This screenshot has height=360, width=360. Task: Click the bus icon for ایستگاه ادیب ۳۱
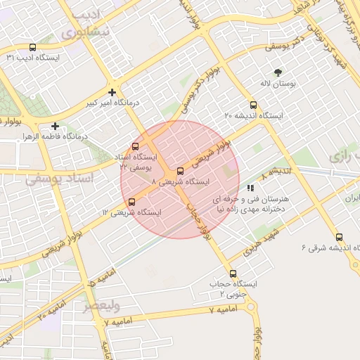tap(33, 46)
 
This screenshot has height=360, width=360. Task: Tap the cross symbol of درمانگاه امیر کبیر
tap(112, 91)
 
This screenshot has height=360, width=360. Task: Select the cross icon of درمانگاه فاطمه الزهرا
tap(55, 126)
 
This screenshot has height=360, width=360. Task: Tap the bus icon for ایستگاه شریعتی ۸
tap(181, 171)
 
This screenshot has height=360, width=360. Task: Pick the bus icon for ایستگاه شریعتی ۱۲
tap(131, 202)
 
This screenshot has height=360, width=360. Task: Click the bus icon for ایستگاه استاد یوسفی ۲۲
tap(135, 147)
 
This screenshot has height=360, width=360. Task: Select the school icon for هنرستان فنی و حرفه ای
tap(250, 188)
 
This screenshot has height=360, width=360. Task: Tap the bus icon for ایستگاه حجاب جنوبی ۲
tap(233, 274)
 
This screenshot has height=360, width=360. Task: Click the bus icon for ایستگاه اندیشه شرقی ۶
tap(340, 237)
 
